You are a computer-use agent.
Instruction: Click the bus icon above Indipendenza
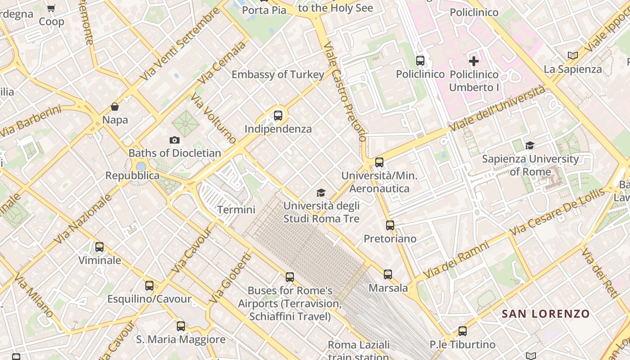coord(278,116)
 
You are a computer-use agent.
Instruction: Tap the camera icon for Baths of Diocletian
coord(175,140)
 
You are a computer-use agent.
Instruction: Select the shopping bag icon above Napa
coord(115,107)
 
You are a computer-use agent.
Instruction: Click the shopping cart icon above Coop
coord(51,8)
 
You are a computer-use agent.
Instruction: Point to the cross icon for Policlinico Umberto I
coord(474,61)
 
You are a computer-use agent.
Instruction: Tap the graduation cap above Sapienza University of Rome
coord(530,145)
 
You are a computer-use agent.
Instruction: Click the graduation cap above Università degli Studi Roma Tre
coord(321,193)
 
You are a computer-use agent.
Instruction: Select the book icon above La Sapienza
coord(572,55)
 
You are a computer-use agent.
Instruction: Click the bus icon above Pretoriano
coord(390,225)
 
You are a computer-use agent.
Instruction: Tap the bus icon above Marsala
coord(388,274)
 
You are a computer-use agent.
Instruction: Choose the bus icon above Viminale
coord(99,247)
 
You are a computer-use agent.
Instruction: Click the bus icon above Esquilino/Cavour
coord(149,285)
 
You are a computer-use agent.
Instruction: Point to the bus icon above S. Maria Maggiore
coord(181,326)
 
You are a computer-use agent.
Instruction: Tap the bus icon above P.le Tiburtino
coord(463,331)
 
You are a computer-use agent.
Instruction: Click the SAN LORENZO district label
coord(545,314)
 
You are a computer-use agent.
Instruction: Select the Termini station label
coord(236,209)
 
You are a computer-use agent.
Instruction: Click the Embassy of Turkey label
coord(278,75)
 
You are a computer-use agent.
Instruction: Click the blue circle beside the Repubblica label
coord(141,166)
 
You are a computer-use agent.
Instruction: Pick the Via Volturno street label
coord(213,118)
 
